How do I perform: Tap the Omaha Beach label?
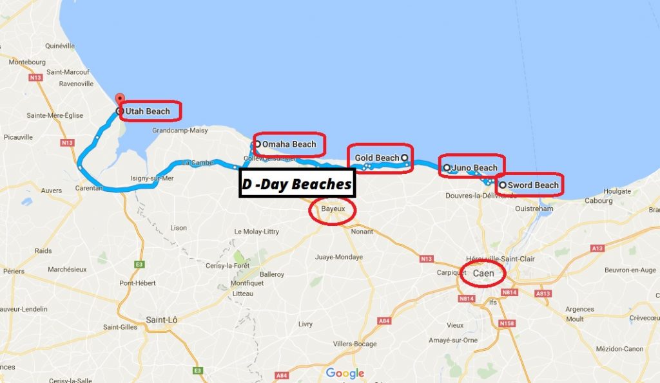[293, 144]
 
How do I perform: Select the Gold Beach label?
[377, 158]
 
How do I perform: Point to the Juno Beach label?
[475, 168]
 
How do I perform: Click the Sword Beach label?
[533, 185]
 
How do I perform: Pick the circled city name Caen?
[483, 274]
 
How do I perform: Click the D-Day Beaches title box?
[297, 184]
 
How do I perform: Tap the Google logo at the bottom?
[345, 373]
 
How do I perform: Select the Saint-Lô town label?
[162, 320]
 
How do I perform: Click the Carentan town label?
[89, 189]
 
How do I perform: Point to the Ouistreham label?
[534, 209]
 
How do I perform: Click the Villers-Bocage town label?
[354, 344]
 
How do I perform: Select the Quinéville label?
[61, 46]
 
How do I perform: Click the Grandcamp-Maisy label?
[180, 130]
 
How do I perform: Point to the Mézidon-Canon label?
[620, 348]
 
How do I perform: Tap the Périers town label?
[14, 271]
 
